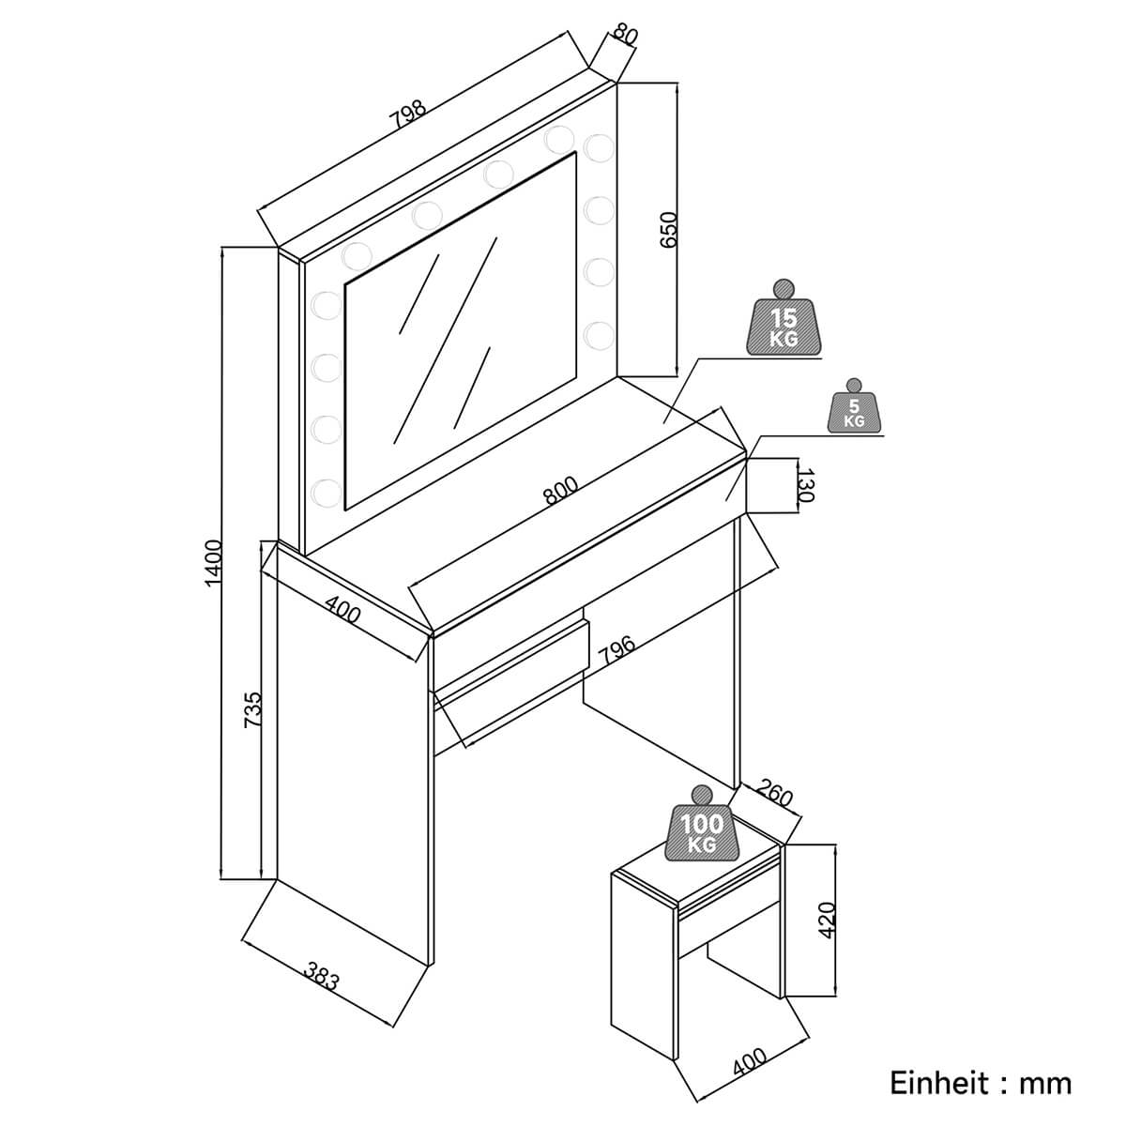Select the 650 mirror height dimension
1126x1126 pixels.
coord(667,229)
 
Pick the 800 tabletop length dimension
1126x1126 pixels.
coord(560,492)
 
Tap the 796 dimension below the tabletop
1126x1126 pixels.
coord(616,650)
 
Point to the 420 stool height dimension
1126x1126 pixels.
coord(826,921)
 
